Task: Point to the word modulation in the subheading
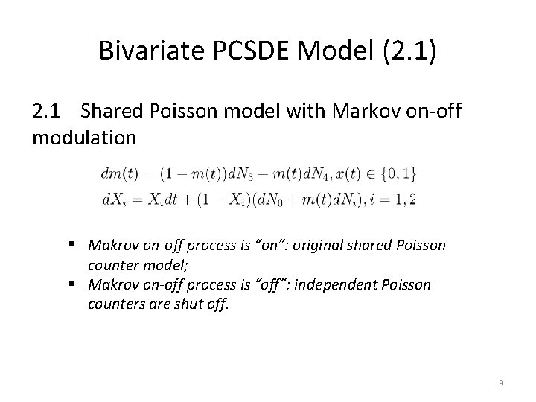point(84,138)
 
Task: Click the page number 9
point(501,383)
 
